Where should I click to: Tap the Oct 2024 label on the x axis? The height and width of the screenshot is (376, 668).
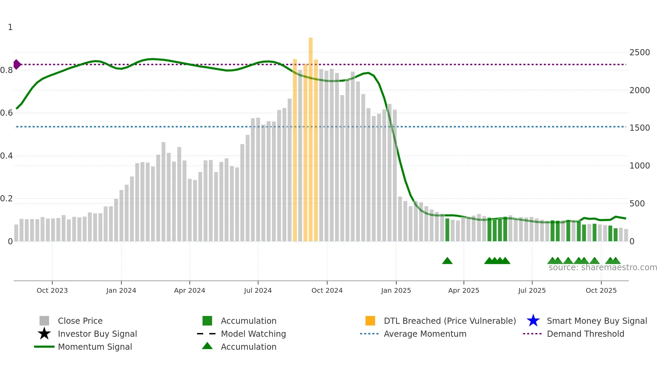(x=327, y=290)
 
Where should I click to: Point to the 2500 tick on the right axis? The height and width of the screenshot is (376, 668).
(x=639, y=53)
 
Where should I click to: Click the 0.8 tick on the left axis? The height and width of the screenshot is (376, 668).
(x=7, y=70)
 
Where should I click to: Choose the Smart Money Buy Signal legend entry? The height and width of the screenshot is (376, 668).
(x=596, y=321)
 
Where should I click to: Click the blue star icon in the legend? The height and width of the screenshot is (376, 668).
(x=533, y=321)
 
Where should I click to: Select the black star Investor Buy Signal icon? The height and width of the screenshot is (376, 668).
(x=44, y=334)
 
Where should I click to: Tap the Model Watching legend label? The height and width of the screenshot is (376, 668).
(x=253, y=334)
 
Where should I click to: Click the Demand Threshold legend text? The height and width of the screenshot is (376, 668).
(x=585, y=334)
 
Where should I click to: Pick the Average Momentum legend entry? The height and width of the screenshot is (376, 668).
(x=425, y=334)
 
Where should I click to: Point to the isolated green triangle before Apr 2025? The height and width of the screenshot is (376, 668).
(x=447, y=261)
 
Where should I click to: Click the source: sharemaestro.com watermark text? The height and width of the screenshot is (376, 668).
(x=603, y=267)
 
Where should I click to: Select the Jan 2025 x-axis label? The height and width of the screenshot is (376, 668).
(x=396, y=290)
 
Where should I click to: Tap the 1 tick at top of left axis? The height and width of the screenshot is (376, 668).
(x=10, y=27)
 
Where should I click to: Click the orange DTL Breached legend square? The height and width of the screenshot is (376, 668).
(x=370, y=321)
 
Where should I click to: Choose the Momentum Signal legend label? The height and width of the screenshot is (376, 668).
(x=95, y=347)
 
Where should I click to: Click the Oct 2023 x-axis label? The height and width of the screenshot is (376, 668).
(x=52, y=290)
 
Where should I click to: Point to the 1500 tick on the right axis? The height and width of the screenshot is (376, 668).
(x=639, y=128)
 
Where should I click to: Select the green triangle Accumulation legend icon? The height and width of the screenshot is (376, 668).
(x=207, y=346)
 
